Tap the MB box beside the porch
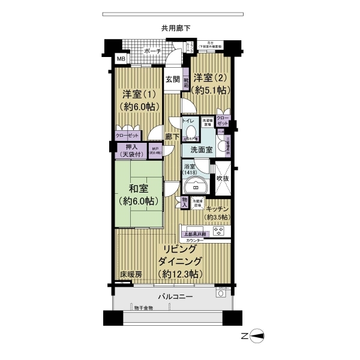point(121,59)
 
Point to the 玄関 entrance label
point(173,79)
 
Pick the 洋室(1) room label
point(139,100)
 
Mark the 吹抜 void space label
point(223,178)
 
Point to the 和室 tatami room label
point(139,194)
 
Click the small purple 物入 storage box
point(185,202)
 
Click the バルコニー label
point(175,297)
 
